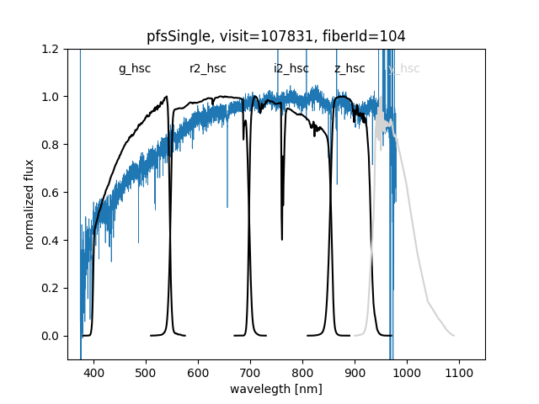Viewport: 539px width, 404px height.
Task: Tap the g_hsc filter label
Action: click(135, 69)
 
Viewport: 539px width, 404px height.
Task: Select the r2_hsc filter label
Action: click(207, 69)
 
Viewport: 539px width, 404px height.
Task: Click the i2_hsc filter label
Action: click(291, 69)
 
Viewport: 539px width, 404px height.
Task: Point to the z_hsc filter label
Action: click(350, 69)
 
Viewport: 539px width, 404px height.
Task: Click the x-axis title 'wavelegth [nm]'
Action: click(276, 390)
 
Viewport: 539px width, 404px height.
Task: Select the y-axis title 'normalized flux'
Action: click(29, 204)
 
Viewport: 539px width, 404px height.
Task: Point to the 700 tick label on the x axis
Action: click(250, 371)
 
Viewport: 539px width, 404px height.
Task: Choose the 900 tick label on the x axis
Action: click(355, 371)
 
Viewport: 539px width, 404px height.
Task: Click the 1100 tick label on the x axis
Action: click(459, 371)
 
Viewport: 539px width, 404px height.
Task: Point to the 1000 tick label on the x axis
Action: click(407, 371)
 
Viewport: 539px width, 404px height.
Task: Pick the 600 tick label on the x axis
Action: click(198, 371)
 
